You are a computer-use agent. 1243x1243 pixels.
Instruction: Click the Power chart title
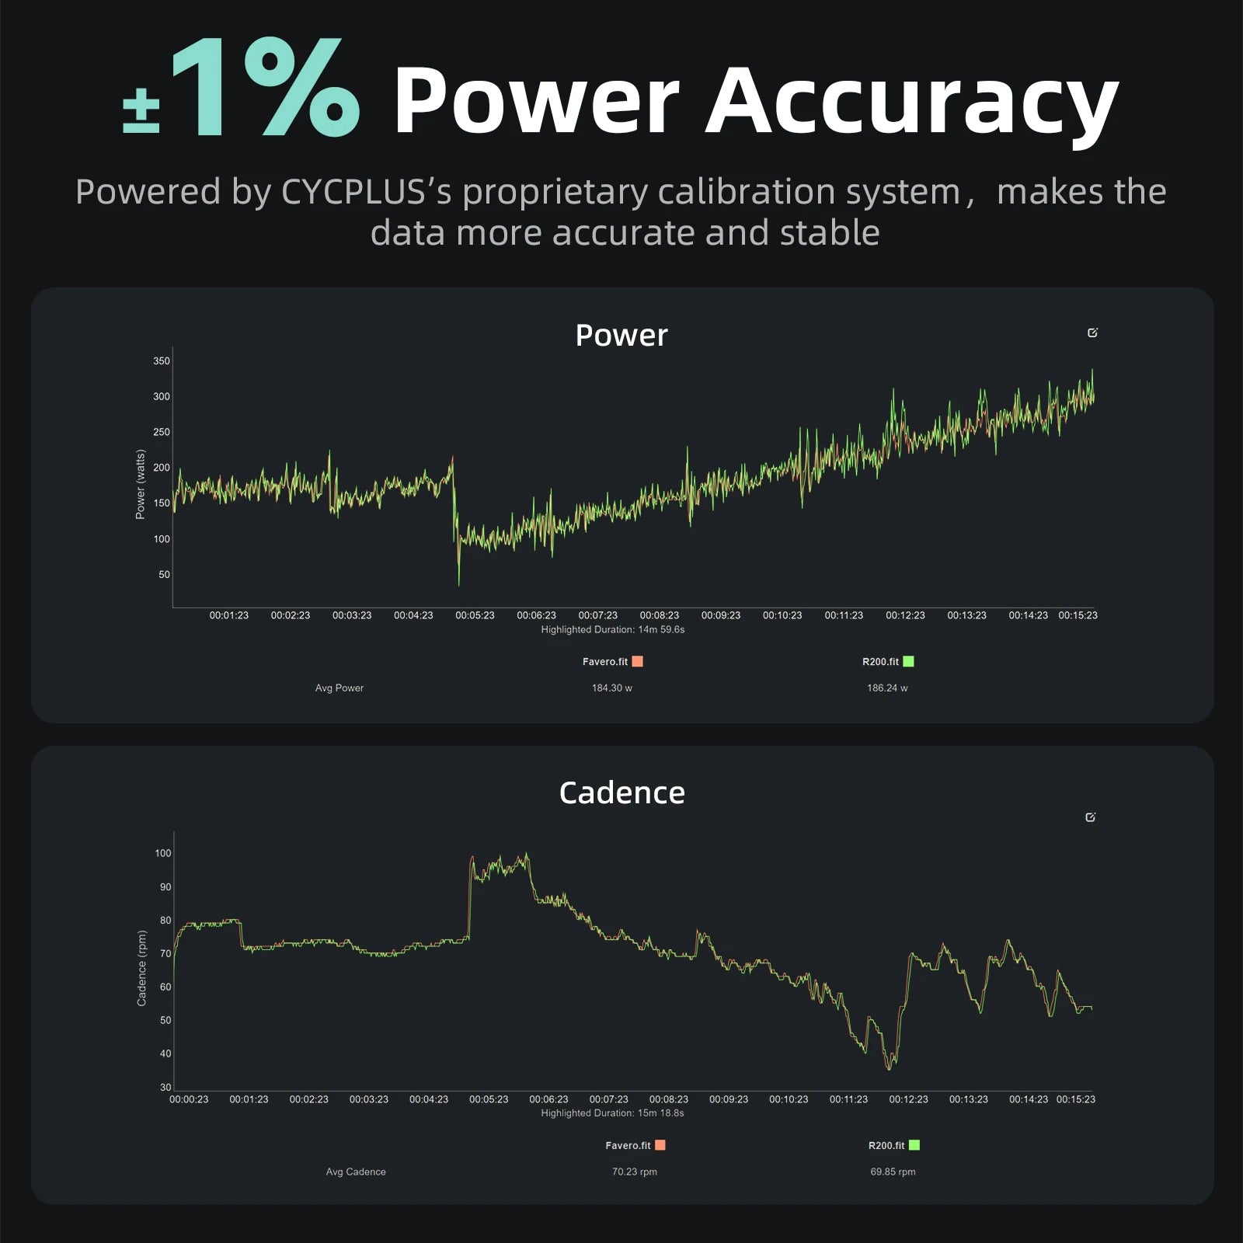[621, 336]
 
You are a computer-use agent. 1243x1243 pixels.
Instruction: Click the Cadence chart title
[621, 793]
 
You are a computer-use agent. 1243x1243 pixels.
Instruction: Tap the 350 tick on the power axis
[162, 361]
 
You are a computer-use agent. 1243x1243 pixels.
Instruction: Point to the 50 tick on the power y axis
[164, 575]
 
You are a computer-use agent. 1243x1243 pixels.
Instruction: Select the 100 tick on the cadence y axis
[163, 853]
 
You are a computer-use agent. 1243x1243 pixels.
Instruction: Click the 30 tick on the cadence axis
[165, 1088]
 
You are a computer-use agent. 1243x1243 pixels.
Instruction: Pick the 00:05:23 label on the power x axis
[475, 615]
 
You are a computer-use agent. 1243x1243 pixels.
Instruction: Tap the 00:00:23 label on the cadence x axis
[189, 1099]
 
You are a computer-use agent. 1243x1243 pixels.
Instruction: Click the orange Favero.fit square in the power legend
[638, 662]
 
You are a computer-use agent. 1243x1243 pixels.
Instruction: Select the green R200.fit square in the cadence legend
[914, 1145]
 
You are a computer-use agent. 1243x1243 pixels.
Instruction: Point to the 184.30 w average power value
[612, 688]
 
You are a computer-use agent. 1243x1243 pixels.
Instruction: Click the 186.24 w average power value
[887, 688]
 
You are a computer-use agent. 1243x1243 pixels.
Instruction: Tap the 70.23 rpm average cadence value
[635, 1172]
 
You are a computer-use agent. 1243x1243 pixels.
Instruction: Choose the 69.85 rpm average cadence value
[893, 1172]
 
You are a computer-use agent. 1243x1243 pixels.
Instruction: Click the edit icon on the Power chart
[1093, 333]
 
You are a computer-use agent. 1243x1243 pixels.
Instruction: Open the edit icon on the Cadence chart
[1091, 817]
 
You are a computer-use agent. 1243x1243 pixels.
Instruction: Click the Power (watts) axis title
[141, 484]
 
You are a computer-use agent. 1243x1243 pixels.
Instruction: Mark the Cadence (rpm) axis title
[141, 968]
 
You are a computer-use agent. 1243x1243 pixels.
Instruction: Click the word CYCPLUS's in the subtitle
[366, 192]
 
